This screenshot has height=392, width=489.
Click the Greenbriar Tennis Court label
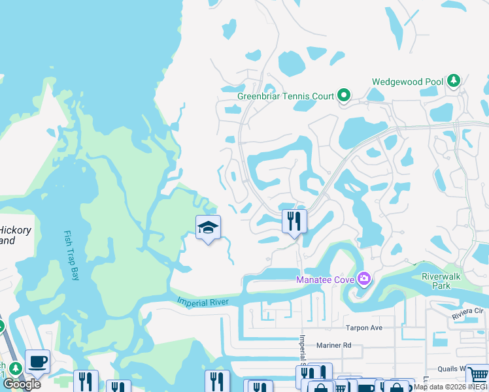click(x=286, y=96)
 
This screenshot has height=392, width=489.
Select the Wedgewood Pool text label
click(x=407, y=82)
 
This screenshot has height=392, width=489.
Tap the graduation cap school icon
click(x=208, y=227)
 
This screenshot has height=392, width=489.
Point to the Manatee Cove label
click(x=324, y=280)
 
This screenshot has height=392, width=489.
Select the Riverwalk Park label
click(x=441, y=281)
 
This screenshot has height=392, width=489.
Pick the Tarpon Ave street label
click(x=363, y=328)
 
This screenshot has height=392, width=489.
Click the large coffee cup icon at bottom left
click(x=37, y=361)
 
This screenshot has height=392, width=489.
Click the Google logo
click(x=22, y=384)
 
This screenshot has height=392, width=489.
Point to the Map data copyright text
click(x=450, y=387)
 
